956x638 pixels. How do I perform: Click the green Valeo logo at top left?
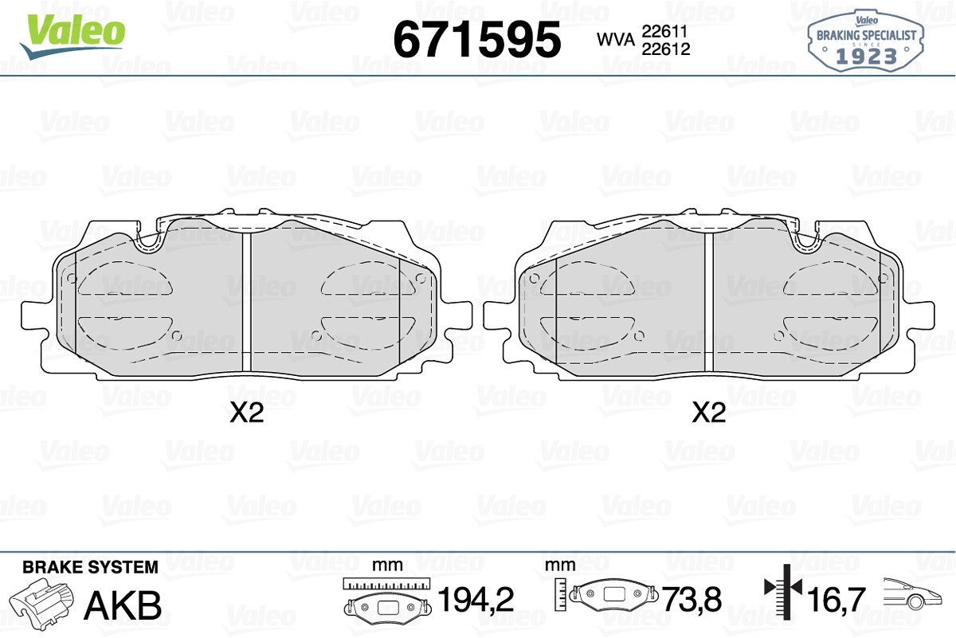point(72,36)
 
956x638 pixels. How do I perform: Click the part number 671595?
point(476,40)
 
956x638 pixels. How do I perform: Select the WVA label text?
point(616,40)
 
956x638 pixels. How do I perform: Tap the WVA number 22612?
point(666,49)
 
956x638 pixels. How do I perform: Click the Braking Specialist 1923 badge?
point(865,41)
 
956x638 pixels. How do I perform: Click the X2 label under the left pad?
point(247,413)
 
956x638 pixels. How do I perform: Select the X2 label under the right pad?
point(708,413)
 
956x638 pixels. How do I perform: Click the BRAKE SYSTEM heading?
point(90,567)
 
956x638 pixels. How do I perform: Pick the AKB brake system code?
point(123,605)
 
